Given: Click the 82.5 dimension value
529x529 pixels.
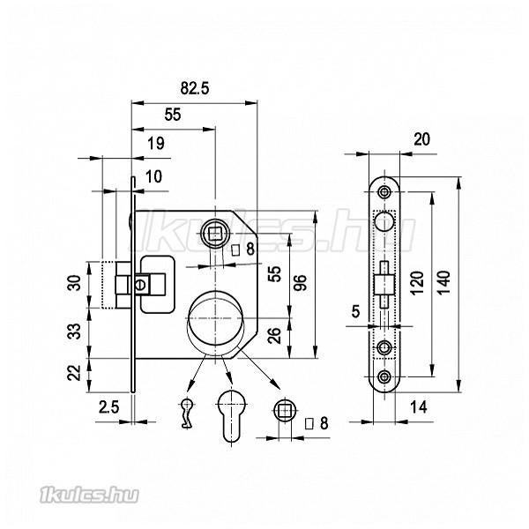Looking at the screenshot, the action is click(195, 88).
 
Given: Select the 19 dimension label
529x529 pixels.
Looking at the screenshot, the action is click(156, 144).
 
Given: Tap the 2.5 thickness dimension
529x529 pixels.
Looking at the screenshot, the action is click(109, 407).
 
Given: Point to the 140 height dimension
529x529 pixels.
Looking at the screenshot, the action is click(444, 282).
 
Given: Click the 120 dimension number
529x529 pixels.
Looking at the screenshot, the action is click(417, 283).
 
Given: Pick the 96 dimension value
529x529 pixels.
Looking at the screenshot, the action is click(301, 283).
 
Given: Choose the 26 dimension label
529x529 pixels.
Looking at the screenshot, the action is click(274, 336).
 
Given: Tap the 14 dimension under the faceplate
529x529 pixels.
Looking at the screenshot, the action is click(418, 407).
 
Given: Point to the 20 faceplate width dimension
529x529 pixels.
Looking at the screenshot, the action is click(421, 139).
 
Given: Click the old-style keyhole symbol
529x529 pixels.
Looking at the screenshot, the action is click(187, 413).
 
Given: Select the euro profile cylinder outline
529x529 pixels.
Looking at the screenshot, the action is click(231, 418).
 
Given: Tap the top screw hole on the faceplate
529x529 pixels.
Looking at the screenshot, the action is click(384, 192).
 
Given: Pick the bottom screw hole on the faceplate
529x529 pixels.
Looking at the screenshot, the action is click(384, 376).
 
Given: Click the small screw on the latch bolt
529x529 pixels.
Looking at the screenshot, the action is click(141, 285).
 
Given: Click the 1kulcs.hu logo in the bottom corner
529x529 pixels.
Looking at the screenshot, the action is click(89, 495).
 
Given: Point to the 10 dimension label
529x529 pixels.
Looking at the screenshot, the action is click(153, 176).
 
